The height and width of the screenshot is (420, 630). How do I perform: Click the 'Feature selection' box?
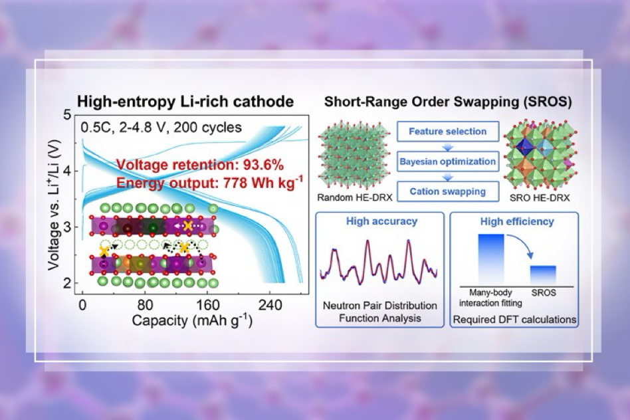click(448, 132)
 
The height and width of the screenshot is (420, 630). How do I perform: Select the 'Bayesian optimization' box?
click(448, 161)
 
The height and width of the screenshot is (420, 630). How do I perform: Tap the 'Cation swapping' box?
click(448, 191)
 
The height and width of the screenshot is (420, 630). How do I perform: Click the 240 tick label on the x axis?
click(270, 306)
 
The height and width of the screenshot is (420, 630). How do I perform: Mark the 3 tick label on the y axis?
click(67, 227)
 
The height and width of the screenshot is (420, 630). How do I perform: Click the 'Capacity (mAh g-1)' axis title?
click(192, 321)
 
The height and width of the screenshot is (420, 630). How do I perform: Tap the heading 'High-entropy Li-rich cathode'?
click(185, 101)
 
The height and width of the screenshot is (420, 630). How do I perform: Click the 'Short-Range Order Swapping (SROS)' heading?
click(448, 102)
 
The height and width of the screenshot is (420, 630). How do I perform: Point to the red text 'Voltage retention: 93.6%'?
click(200, 165)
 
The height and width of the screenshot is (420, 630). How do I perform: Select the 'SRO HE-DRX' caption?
click(540, 198)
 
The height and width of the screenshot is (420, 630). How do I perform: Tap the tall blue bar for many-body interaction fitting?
click(491, 259)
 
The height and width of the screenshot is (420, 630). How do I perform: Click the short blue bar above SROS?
click(543, 275)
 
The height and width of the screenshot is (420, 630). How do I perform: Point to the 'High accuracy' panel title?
click(381, 221)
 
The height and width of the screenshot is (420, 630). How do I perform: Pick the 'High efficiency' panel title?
click(517, 221)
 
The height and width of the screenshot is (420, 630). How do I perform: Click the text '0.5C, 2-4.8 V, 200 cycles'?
click(161, 128)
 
